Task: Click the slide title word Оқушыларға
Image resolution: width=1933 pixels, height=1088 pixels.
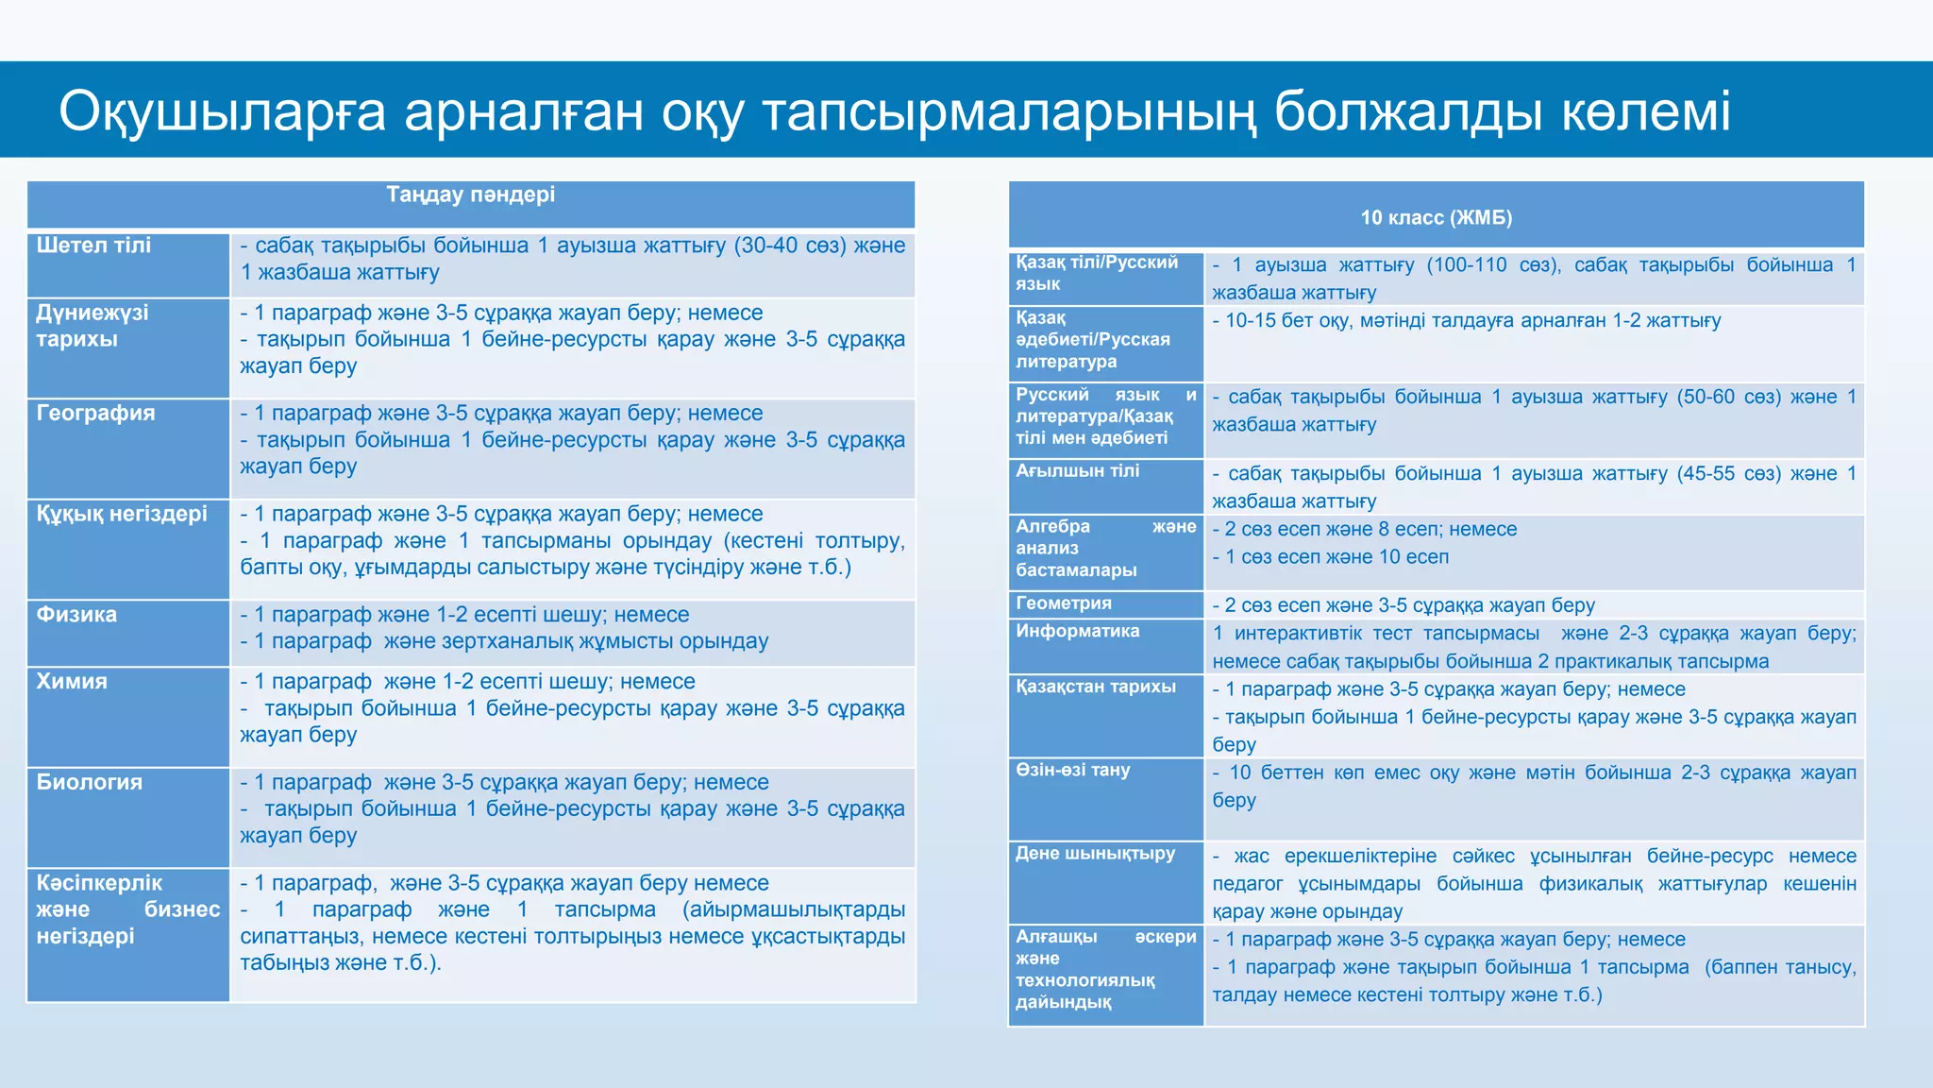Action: click(x=223, y=111)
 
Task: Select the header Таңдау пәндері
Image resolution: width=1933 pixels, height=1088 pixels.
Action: click(x=470, y=195)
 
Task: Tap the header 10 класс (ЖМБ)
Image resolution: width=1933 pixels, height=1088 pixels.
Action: click(x=1436, y=218)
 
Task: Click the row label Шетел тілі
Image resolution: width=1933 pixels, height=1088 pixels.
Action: click(x=93, y=246)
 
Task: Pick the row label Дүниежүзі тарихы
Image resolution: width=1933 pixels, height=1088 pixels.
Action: click(x=92, y=326)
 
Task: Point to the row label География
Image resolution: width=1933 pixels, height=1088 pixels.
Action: click(x=95, y=413)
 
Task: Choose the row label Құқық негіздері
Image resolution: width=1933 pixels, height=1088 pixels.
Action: click(x=122, y=514)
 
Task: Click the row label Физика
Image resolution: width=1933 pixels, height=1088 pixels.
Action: click(x=76, y=615)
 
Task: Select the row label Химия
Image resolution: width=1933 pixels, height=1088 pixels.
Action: click(x=72, y=682)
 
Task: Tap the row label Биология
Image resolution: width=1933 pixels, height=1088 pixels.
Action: click(x=90, y=783)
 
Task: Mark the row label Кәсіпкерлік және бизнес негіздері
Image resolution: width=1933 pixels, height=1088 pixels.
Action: click(x=127, y=909)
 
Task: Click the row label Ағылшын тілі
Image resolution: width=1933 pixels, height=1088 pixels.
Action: click(x=1077, y=471)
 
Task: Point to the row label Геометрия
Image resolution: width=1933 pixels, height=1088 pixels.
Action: click(x=1064, y=603)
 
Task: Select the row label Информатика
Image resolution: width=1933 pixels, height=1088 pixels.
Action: click(x=1077, y=631)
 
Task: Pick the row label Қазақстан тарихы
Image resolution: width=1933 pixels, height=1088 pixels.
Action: click(x=1096, y=687)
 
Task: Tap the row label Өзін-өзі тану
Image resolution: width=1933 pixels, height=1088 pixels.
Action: click(x=1072, y=770)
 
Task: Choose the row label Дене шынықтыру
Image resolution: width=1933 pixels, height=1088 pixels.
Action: click(x=1095, y=854)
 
